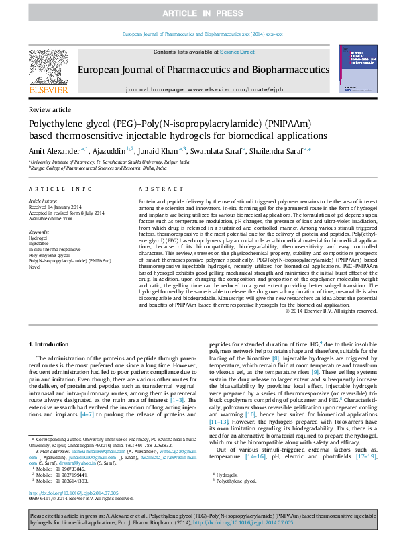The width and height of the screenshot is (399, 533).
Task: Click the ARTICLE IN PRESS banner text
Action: point(199,13)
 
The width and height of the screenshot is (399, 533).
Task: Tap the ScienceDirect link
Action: point(237,52)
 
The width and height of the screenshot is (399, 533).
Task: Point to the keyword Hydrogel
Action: point(38,238)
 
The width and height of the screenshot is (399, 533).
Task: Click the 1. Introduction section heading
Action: point(51,344)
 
